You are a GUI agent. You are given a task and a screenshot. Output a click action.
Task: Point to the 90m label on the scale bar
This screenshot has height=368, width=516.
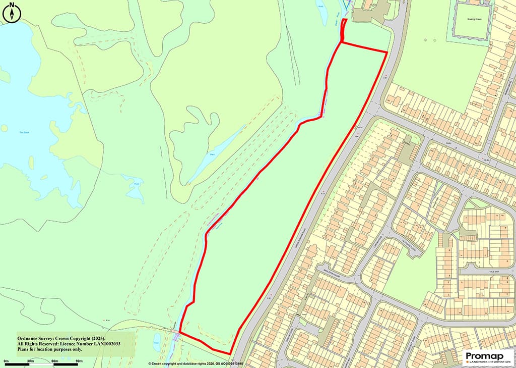pos(79,361)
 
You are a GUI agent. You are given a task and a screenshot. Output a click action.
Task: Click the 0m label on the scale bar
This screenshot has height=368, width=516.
pos(7,361)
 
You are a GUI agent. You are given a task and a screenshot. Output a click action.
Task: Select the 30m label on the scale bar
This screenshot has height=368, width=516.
pos(30,361)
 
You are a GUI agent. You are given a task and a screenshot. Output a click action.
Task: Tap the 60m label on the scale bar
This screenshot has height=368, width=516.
pos(54,361)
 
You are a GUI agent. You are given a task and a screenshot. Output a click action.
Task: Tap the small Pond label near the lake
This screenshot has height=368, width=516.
pos(136,185)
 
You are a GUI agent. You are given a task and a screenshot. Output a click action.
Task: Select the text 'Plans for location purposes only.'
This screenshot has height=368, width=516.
pos(50,349)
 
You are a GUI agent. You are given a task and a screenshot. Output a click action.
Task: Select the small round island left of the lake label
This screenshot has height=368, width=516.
pos(4,128)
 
